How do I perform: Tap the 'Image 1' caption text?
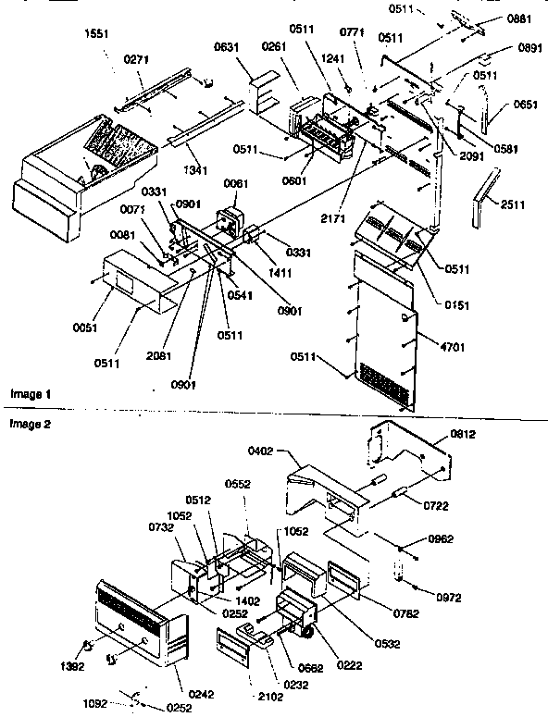31,394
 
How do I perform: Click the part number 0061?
236,183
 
